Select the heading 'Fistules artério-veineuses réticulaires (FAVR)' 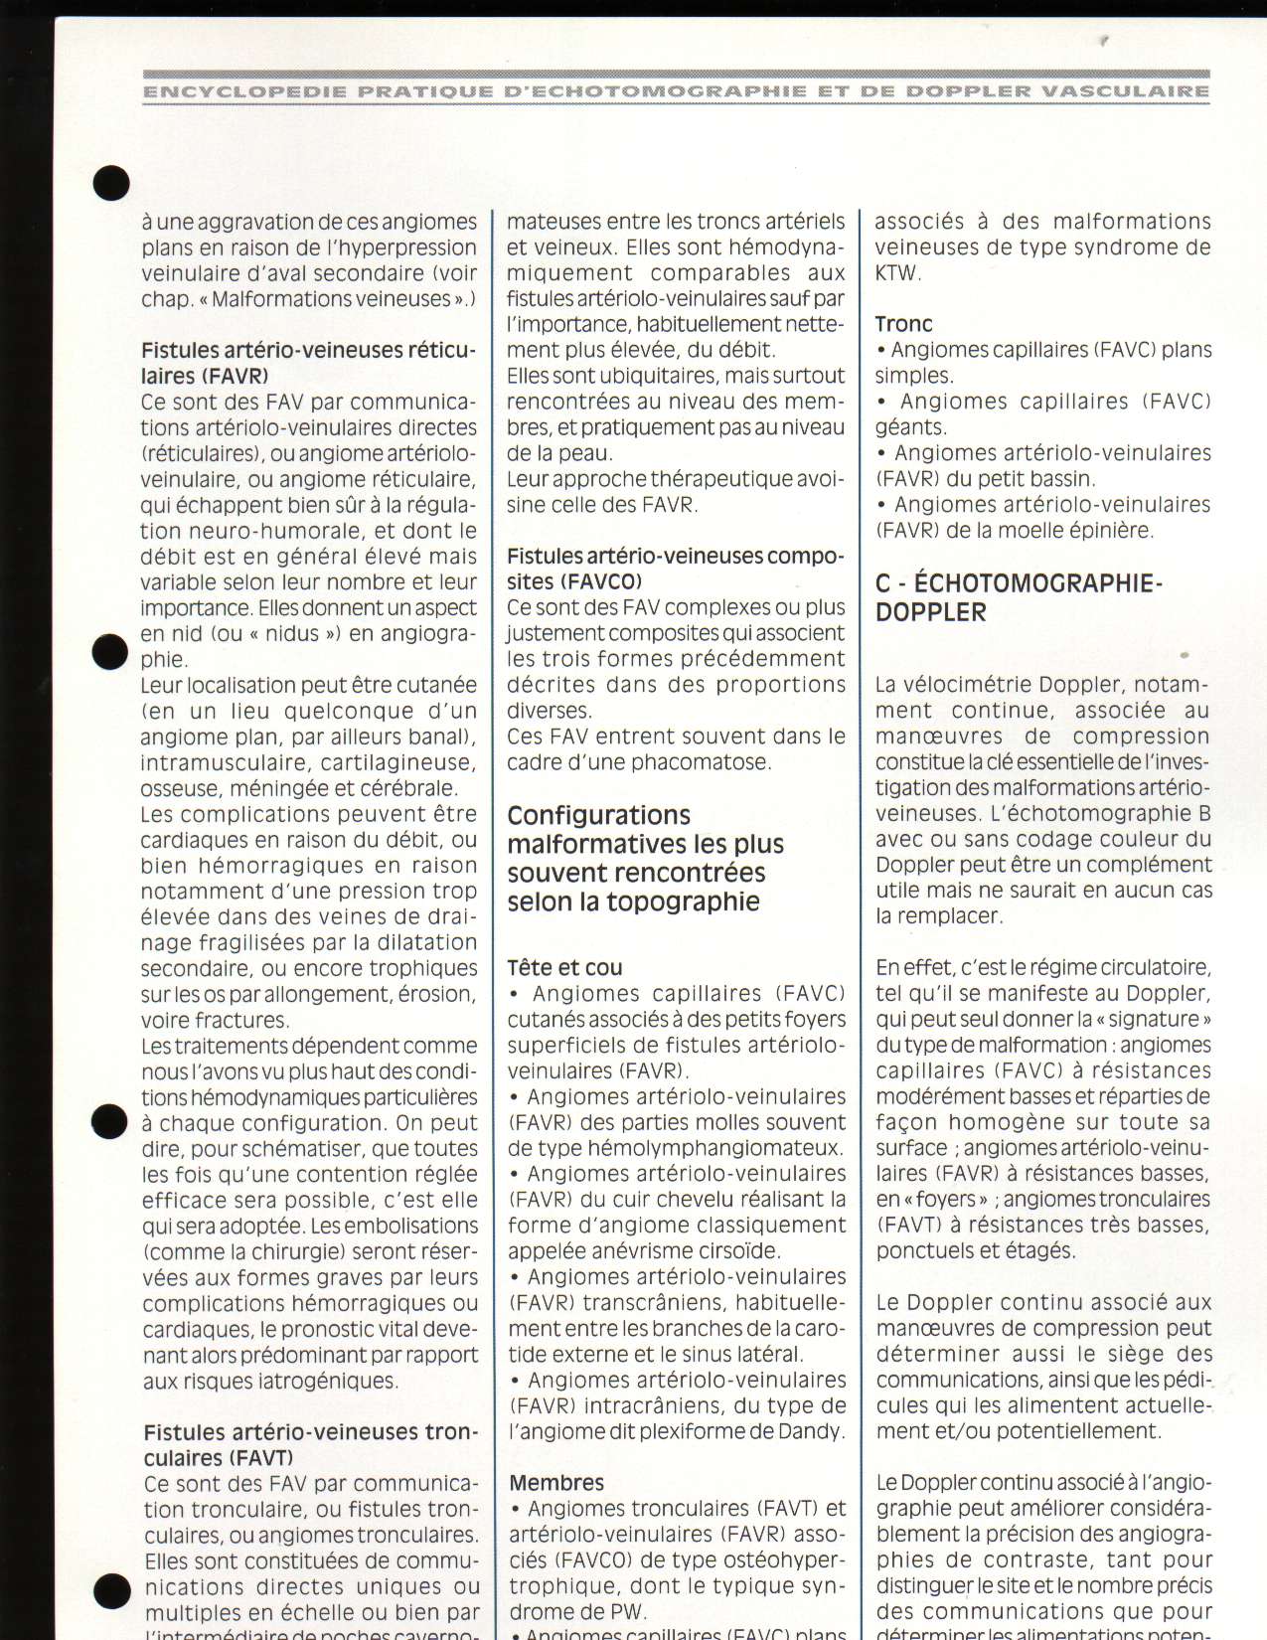[x=308, y=363]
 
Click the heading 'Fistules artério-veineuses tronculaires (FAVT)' [x=310, y=1444]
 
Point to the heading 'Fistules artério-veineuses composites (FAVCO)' [x=675, y=569]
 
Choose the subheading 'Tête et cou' [x=564, y=967]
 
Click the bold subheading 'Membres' [x=556, y=1482]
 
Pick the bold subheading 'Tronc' [x=903, y=324]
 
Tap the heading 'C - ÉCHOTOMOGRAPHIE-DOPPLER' [x=1018, y=596]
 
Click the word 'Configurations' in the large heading [x=598, y=815]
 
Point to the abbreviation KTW [x=896, y=273]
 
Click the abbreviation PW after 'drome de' [x=625, y=1611]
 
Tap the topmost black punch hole [x=111, y=183]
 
